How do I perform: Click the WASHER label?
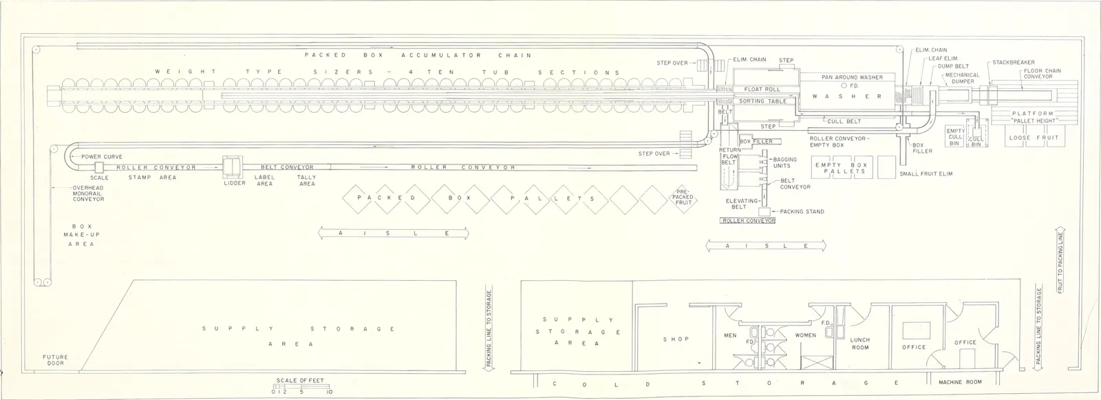click(847, 96)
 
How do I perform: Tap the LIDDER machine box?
click(233, 167)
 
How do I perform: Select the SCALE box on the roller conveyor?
click(99, 167)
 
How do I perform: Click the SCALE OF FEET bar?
click(301, 386)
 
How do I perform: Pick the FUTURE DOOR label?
click(55, 360)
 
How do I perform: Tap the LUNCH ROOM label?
click(860, 344)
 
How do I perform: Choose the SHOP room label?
click(676, 339)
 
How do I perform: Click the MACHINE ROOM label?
click(960, 382)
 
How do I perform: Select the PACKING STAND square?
click(764, 211)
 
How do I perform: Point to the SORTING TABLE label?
click(763, 101)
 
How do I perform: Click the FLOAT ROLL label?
click(762, 90)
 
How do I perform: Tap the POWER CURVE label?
click(102, 156)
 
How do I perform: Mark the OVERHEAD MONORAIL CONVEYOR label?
click(89, 193)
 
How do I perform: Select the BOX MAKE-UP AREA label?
click(79, 235)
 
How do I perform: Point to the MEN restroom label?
click(730, 335)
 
